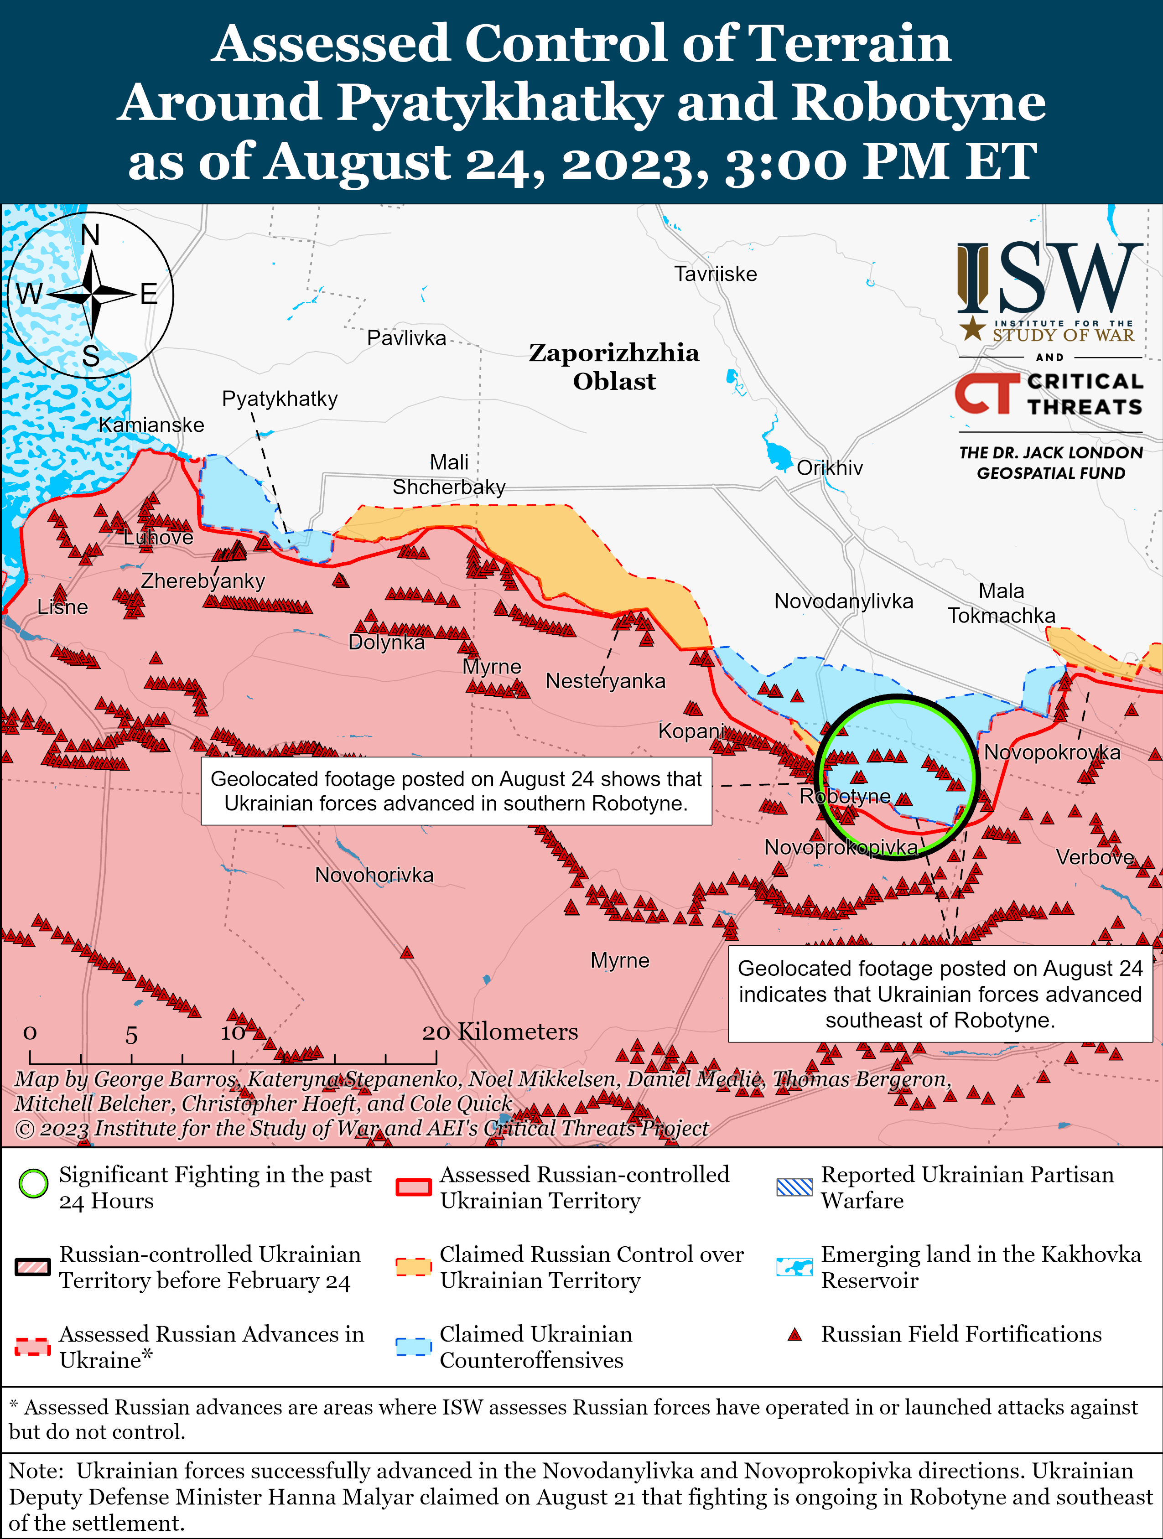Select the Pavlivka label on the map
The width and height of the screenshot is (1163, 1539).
(x=406, y=338)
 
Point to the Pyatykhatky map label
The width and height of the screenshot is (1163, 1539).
(x=279, y=399)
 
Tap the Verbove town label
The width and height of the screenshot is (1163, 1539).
(x=1095, y=857)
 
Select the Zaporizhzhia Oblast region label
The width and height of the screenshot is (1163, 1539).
(x=614, y=367)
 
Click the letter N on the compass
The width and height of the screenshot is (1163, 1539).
(x=90, y=235)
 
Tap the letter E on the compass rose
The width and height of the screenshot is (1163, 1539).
(x=148, y=294)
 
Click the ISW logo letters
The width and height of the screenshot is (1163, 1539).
(x=1049, y=278)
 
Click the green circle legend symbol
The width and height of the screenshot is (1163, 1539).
(x=33, y=1183)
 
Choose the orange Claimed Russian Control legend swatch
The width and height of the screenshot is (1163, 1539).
(x=413, y=1267)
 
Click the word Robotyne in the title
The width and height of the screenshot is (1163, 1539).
(x=919, y=102)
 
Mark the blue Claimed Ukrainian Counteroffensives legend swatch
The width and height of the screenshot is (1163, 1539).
(x=413, y=1346)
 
